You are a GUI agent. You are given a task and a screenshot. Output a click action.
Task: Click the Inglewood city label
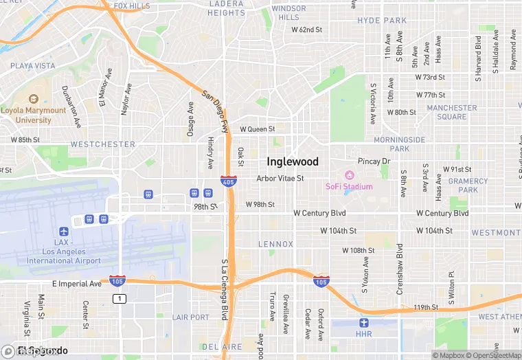click(293, 162)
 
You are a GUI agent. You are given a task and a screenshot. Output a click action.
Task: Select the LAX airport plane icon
click(64, 232)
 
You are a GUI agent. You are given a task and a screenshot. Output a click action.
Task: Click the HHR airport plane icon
click(364, 322)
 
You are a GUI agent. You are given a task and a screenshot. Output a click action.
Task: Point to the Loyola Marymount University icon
click(34, 89)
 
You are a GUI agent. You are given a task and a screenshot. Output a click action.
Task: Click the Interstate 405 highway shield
click(229, 181)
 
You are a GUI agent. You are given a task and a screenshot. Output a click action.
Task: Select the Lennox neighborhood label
click(275, 244)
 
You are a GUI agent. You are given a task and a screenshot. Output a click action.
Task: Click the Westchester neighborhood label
click(103, 144)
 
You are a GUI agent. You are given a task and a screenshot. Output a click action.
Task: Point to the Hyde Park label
click(382, 21)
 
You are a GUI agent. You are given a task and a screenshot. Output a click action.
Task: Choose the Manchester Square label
click(451, 112)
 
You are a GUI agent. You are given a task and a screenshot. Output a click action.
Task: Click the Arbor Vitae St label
click(280, 178)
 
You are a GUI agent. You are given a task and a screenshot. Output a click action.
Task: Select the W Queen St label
click(257, 128)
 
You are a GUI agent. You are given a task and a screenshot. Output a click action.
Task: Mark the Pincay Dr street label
click(374, 161)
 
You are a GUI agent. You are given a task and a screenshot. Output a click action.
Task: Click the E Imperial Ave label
click(76, 283)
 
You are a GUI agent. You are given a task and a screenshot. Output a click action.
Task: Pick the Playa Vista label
click(32, 66)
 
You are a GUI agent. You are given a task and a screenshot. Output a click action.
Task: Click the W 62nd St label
click(306, 30)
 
